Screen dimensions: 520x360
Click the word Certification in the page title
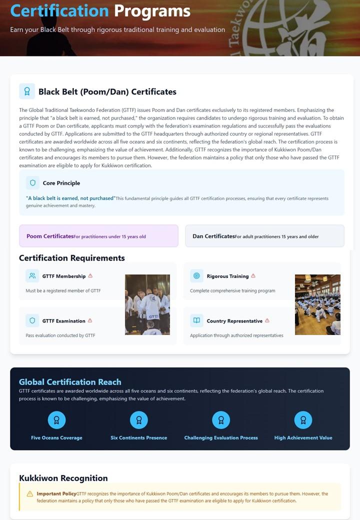(59, 11)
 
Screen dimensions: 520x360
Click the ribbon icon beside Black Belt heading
(27, 91)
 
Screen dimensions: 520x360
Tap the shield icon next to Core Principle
(32, 183)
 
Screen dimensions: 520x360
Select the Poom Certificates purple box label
(50, 236)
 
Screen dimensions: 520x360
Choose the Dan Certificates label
(213, 236)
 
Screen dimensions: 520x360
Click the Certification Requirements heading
(72, 258)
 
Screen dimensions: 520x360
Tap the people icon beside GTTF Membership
(32, 276)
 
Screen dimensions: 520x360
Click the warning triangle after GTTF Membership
(90, 276)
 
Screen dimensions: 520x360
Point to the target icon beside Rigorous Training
(196, 276)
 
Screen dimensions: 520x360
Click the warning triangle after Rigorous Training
(253, 276)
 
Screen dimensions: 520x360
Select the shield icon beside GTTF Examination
(32, 320)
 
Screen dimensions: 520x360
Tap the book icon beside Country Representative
(196, 320)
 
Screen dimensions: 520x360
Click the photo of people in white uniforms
(147, 304)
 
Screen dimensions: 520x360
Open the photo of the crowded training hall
(317, 304)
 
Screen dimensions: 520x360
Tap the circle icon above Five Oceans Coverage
(56, 420)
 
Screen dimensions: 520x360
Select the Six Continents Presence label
(139, 438)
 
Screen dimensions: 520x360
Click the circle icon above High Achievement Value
(303, 420)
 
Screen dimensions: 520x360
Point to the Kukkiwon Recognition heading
(63, 478)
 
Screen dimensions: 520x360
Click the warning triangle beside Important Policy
(30, 494)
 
